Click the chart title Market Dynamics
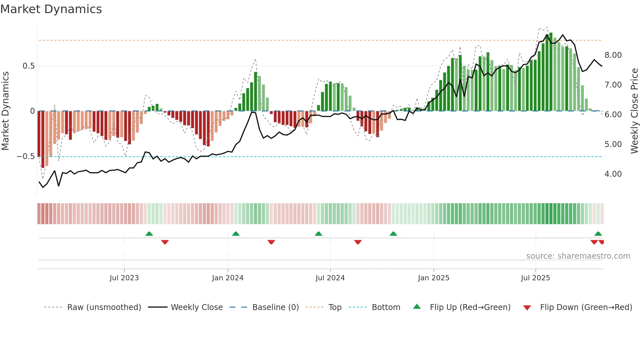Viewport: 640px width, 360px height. click(x=51, y=9)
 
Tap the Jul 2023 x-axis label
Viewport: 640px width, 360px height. click(x=124, y=278)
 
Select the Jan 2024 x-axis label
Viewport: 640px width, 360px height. click(x=228, y=278)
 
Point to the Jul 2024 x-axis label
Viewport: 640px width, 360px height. click(x=330, y=278)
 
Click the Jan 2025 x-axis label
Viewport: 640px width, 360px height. click(x=434, y=278)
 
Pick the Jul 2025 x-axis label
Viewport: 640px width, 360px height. click(x=536, y=278)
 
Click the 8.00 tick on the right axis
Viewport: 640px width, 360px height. click(x=613, y=55)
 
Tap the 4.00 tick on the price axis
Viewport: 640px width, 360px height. click(x=613, y=174)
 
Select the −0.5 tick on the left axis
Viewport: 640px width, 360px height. click(x=25, y=156)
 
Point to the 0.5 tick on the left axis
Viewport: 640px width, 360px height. click(x=28, y=66)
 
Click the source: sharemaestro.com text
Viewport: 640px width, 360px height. click(x=578, y=256)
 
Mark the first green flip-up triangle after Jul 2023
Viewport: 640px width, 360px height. click(x=149, y=234)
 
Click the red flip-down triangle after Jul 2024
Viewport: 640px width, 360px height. click(x=358, y=242)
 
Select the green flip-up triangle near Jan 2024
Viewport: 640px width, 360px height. click(x=236, y=234)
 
